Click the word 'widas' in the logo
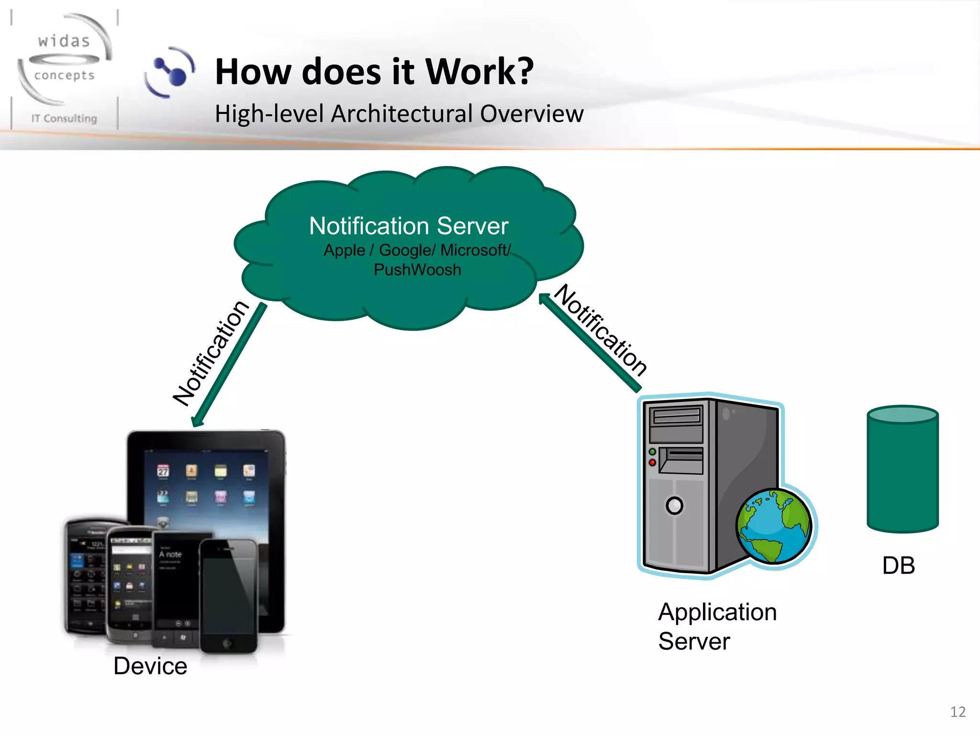64,41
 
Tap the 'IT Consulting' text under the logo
64,118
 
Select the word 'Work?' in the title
479,72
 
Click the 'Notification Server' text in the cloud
408,226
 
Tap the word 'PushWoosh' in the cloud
417,270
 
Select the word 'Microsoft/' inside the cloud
475,250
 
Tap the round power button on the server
674,505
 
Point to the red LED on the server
652,463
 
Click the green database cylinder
902,469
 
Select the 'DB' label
898,566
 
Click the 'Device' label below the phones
150,666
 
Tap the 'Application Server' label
716,626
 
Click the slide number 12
958,712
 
